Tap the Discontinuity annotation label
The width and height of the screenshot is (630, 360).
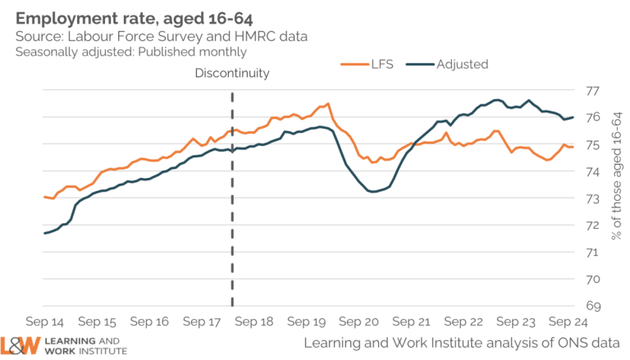click(232, 74)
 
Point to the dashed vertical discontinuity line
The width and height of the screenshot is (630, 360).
click(232, 205)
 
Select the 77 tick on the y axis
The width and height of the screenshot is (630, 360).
click(593, 90)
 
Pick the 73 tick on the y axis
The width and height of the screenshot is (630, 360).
click(593, 198)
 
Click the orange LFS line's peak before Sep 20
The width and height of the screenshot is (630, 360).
click(328, 103)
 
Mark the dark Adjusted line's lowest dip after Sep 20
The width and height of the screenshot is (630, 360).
click(373, 192)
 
